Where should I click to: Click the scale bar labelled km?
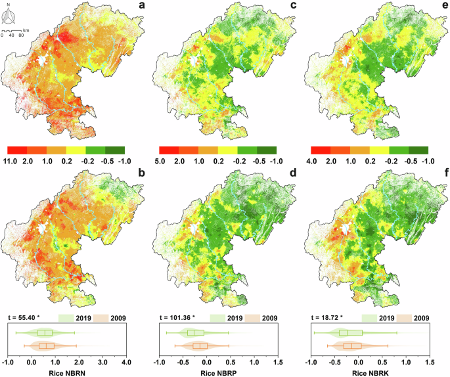[13, 31]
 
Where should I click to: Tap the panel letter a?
[141, 7]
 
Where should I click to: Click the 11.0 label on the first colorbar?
[11, 160]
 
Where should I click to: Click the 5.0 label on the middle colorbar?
[158, 160]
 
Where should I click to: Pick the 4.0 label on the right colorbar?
[316, 160]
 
